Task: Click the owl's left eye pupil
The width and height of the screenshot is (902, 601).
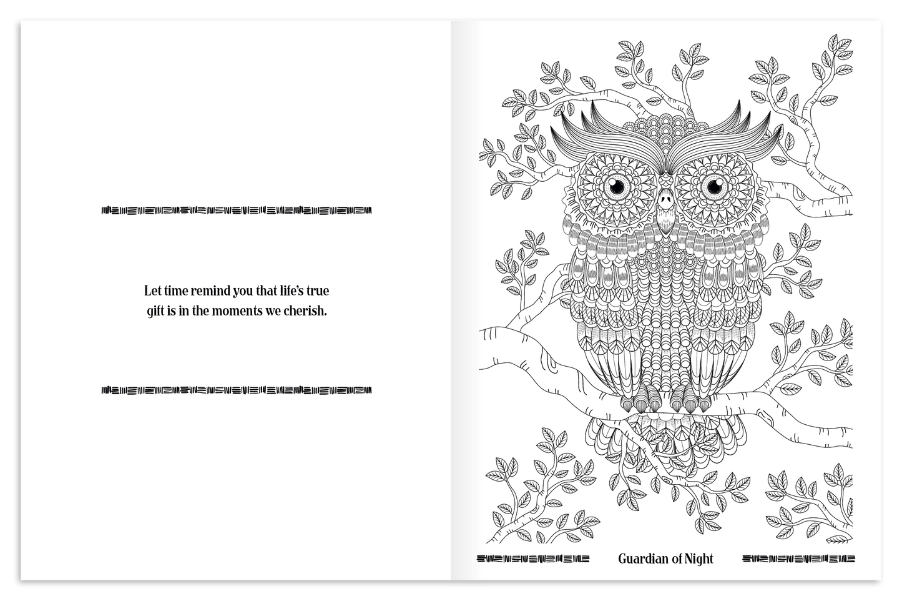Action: click(618, 186)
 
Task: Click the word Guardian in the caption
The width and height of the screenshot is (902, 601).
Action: click(642, 559)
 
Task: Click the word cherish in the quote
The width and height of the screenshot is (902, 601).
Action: click(306, 310)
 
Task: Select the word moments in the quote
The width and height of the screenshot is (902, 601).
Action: click(244, 310)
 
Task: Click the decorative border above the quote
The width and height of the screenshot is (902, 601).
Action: click(237, 210)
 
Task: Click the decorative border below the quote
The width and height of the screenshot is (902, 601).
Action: click(237, 391)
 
